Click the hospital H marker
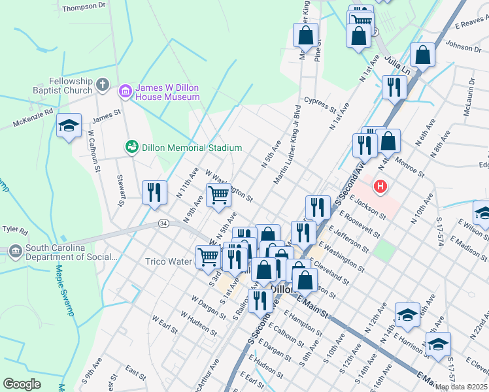(380, 188)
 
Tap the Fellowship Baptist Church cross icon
(102, 84)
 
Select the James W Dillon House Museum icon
(125, 92)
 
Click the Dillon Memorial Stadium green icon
(131, 148)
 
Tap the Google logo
(22, 384)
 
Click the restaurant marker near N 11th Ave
(154, 192)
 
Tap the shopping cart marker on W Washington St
(218, 194)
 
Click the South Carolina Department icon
(15, 250)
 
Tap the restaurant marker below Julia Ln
(394, 87)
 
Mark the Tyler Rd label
(14, 230)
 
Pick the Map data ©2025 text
(462, 387)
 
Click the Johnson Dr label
(463, 46)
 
